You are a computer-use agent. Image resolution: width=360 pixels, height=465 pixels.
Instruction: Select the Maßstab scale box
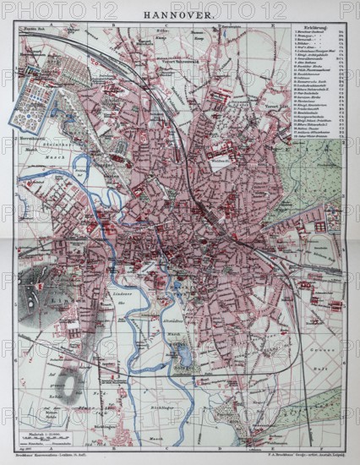click(x=46, y=426)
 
